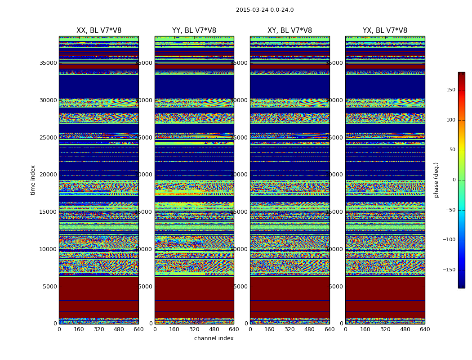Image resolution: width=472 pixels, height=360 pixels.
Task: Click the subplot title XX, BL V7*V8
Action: click(99, 31)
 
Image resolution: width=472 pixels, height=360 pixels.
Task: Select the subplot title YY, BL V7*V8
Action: click(194, 31)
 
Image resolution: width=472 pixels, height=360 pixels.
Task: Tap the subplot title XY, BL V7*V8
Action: click(289, 31)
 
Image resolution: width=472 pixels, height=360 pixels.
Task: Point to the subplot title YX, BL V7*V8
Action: click(385, 31)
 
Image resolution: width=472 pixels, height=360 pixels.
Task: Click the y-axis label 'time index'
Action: click(33, 180)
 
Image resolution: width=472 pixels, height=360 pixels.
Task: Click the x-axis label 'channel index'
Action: click(214, 338)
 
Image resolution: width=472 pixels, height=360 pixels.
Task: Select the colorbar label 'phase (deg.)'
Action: click(436, 180)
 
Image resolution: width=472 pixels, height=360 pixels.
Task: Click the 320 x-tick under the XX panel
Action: click(99, 329)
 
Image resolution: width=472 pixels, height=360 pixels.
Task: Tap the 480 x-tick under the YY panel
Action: click(214, 329)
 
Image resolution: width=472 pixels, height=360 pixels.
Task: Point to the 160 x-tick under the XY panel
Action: click(270, 329)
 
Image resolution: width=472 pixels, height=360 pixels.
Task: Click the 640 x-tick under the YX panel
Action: click(425, 329)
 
